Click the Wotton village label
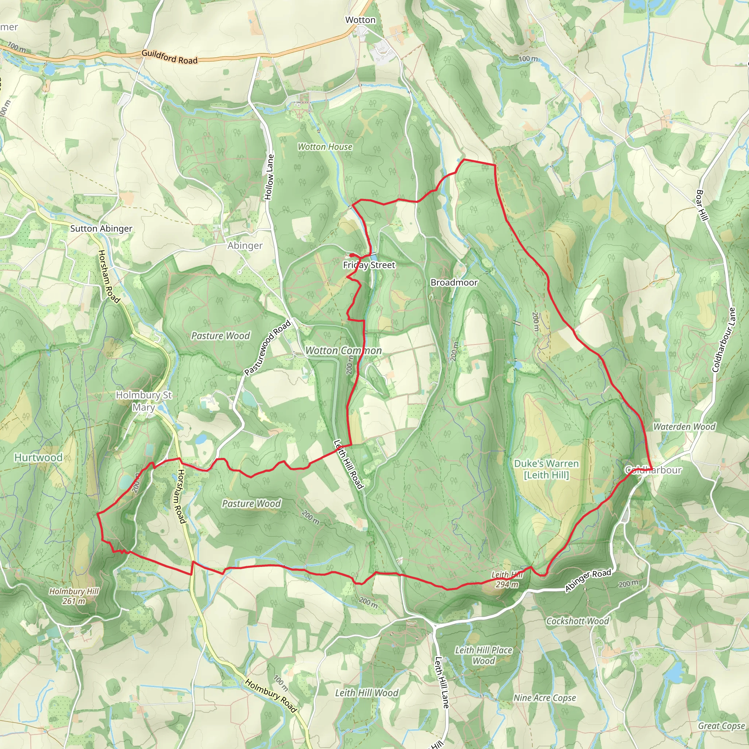point(360,20)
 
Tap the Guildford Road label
point(169,57)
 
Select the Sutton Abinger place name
point(101,228)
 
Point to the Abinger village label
point(245,245)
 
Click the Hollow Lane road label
point(269,177)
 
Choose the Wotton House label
point(325,147)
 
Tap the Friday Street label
point(369,265)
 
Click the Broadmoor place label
point(454,282)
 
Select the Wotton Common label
point(343,350)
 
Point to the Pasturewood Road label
point(267,348)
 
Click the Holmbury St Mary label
point(144,401)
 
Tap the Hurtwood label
point(38,458)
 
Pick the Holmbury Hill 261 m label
point(74,596)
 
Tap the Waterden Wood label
point(684,427)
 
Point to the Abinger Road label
point(588,580)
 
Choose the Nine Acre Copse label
point(545,698)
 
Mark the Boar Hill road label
point(702,205)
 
